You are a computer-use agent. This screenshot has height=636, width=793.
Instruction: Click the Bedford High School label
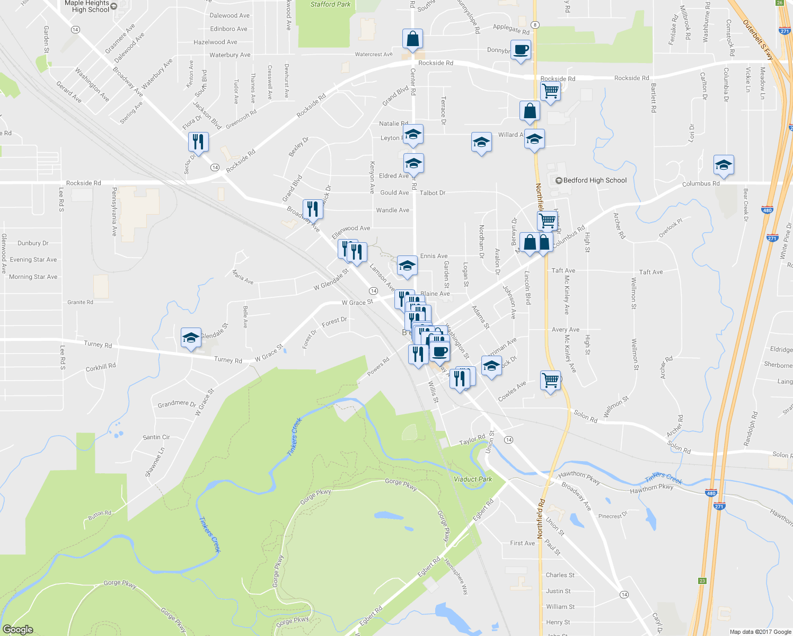pyautogui.click(x=594, y=180)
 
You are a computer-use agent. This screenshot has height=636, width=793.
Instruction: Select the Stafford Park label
pyautogui.click(x=330, y=4)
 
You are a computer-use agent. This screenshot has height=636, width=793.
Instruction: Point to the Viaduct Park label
pyautogui.click(x=473, y=479)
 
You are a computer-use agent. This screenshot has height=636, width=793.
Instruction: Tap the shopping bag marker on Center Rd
pyautogui.click(x=412, y=39)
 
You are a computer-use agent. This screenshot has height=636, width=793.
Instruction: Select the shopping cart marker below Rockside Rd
pyautogui.click(x=551, y=91)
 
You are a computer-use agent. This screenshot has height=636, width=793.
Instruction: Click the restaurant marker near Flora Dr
pyautogui.click(x=198, y=142)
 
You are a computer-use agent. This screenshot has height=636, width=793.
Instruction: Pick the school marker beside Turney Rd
pyautogui.click(x=191, y=338)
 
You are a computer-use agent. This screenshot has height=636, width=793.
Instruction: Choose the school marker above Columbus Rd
pyautogui.click(x=724, y=165)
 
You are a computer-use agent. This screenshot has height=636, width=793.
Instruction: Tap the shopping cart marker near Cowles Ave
pyautogui.click(x=550, y=380)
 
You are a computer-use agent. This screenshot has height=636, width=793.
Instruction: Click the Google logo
pyautogui.click(x=17, y=629)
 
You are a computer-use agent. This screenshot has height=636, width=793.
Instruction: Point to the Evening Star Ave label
pyautogui.click(x=33, y=260)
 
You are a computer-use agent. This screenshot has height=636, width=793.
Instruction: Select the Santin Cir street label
pyautogui.click(x=156, y=437)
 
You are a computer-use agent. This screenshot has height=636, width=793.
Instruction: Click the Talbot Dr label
pyautogui.click(x=433, y=193)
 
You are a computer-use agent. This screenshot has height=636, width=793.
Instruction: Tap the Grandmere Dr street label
pyautogui.click(x=177, y=404)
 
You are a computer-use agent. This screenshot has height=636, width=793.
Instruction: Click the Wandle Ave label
pyautogui.click(x=392, y=210)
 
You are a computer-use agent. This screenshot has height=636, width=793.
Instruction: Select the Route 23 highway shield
pyautogui.click(x=702, y=581)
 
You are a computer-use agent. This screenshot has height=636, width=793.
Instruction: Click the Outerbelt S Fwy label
pyautogui.click(x=759, y=40)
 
